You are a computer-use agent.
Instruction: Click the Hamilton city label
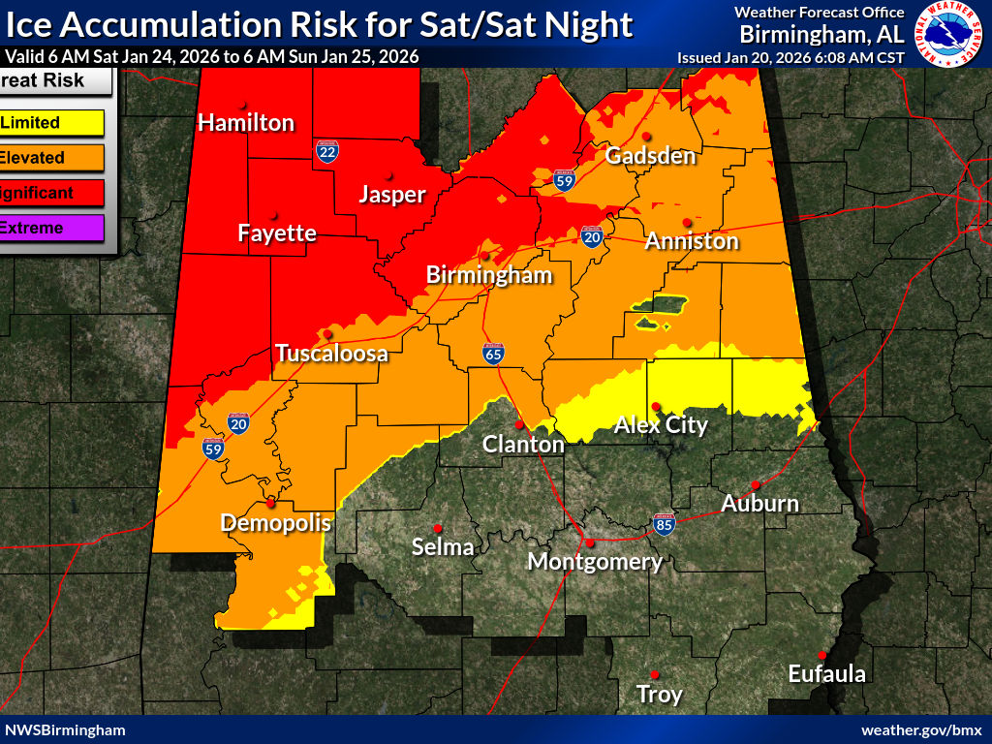pyautogui.click(x=246, y=123)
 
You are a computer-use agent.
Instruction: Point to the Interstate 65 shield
pyautogui.click(x=493, y=354)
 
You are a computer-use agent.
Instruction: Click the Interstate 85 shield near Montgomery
pyautogui.click(x=664, y=522)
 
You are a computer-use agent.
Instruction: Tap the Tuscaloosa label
pyautogui.click(x=331, y=354)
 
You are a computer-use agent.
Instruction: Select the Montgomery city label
pyautogui.click(x=594, y=562)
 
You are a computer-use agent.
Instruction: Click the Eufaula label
pyautogui.click(x=825, y=674)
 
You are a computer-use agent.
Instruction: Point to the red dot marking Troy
pyautogui.click(x=655, y=674)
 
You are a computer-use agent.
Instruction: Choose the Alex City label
pyautogui.click(x=662, y=425)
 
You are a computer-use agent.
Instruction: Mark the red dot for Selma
pyautogui.click(x=438, y=528)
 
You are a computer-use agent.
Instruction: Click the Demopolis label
pyautogui.click(x=276, y=523)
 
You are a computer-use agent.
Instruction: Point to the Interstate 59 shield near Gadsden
pyautogui.click(x=565, y=178)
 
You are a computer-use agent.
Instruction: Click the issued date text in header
pyautogui.click(x=790, y=57)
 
